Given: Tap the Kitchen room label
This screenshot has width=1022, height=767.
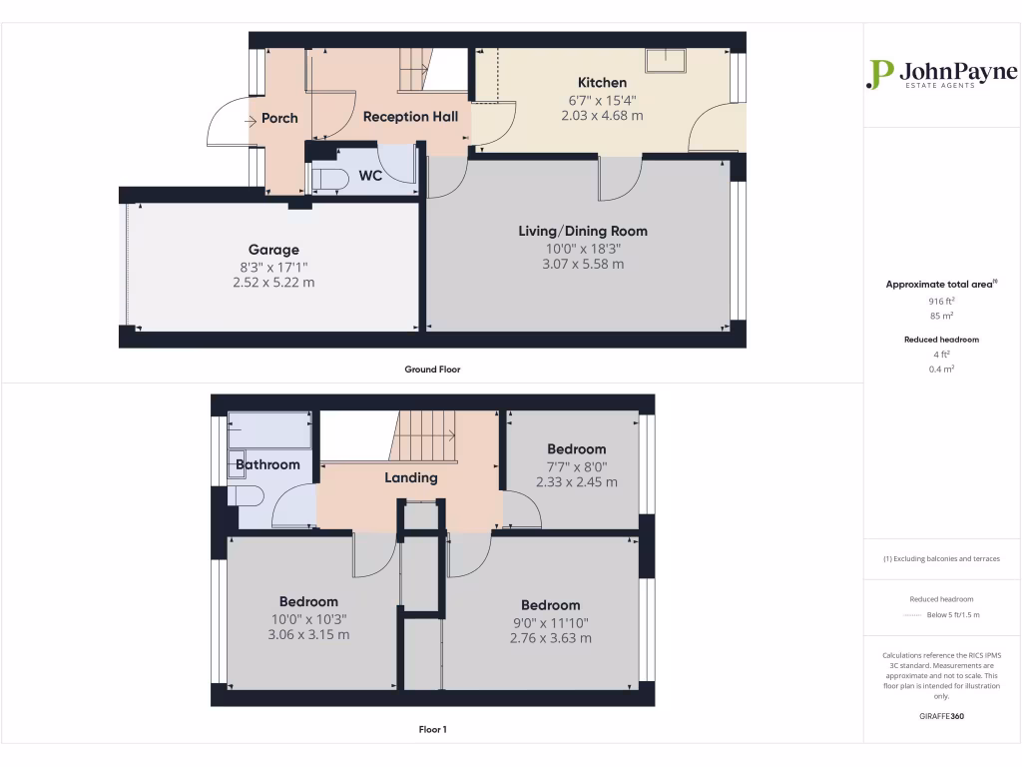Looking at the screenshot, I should click(603, 83).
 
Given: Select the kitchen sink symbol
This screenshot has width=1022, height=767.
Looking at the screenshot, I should click(666, 61).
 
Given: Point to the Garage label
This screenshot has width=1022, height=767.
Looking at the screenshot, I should click(273, 250).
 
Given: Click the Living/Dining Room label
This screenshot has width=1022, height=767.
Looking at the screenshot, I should click(583, 231).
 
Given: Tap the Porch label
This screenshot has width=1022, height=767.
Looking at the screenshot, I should click(279, 118).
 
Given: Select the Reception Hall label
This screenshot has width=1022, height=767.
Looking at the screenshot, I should click(410, 117).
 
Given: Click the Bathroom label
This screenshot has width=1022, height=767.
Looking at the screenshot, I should click(267, 464).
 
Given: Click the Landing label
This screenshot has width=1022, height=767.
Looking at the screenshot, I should click(411, 477).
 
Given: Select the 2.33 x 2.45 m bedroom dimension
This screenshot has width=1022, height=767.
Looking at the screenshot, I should click(577, 481).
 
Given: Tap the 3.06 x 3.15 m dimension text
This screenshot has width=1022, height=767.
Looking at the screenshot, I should click(308, 635).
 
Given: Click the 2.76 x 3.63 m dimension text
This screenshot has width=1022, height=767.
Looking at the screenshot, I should click(551, 638).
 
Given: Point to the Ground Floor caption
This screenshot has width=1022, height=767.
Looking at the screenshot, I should click(432, 370).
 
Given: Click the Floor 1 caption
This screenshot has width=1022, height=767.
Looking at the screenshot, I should click(432, 730).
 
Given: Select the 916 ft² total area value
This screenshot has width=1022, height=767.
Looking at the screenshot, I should click(942, 300).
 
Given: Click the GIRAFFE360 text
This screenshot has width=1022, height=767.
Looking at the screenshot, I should click(942, 716).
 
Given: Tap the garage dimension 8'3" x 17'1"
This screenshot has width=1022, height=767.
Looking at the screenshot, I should click(273, 267).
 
